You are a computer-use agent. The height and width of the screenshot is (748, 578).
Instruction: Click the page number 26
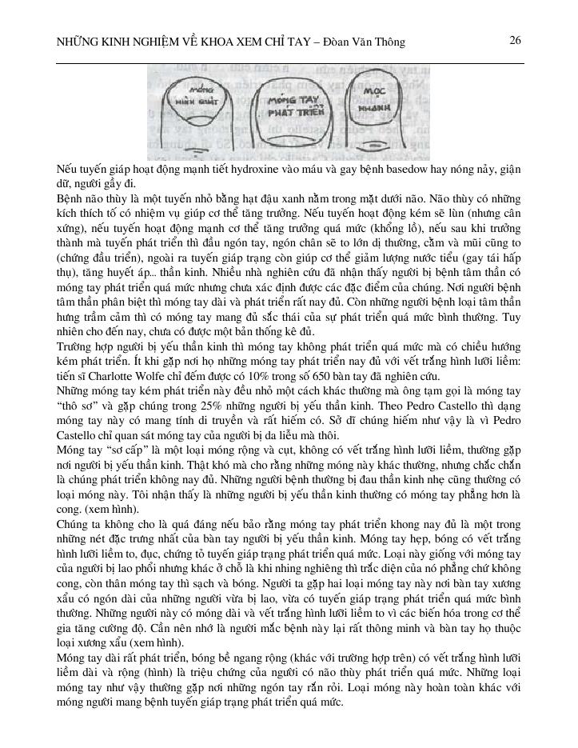[515, 40]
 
